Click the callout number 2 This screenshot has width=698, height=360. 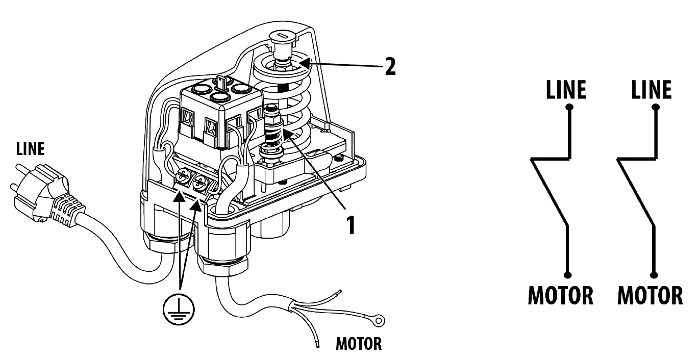coord(390,66)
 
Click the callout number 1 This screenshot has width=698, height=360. coord(351,225)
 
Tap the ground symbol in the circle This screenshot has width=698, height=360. coord(179,310)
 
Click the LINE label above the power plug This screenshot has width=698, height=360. coord(30,149)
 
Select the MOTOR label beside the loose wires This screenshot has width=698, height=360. coord(359,344)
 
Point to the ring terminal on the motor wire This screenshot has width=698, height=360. coord(380,320)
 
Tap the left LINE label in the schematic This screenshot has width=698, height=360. coord(566,90)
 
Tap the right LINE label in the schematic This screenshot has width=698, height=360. coord(651,90)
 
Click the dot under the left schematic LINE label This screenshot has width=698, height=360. coord(569,108)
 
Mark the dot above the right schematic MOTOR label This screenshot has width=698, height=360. coord(654,275)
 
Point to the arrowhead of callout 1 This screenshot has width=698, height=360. coord(288,135)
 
